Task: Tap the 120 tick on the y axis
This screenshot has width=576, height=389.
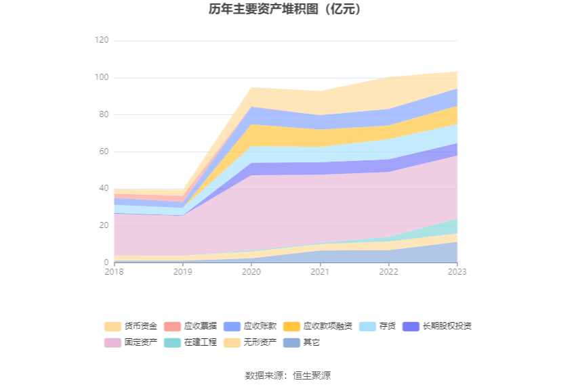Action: point(101,41)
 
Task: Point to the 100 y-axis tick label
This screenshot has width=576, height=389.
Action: point(101,78)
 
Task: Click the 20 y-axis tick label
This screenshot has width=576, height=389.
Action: point(103,225)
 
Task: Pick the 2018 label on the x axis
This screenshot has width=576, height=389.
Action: point(114,271)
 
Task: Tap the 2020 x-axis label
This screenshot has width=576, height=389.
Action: point(251,271)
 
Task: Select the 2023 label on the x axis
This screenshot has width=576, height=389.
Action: point(457,271)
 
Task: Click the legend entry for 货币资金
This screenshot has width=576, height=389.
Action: point(132,326)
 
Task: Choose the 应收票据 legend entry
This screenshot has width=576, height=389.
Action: point(192,326)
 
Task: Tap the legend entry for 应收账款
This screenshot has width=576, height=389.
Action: point(251,326)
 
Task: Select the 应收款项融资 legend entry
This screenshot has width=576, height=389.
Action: point(318,326)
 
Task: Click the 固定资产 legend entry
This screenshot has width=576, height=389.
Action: point(132,342)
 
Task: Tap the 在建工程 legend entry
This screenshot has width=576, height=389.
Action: point(192,342)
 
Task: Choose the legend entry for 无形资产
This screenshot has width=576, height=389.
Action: point(251,342)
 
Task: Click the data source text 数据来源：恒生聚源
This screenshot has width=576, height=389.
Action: point(288,375)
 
